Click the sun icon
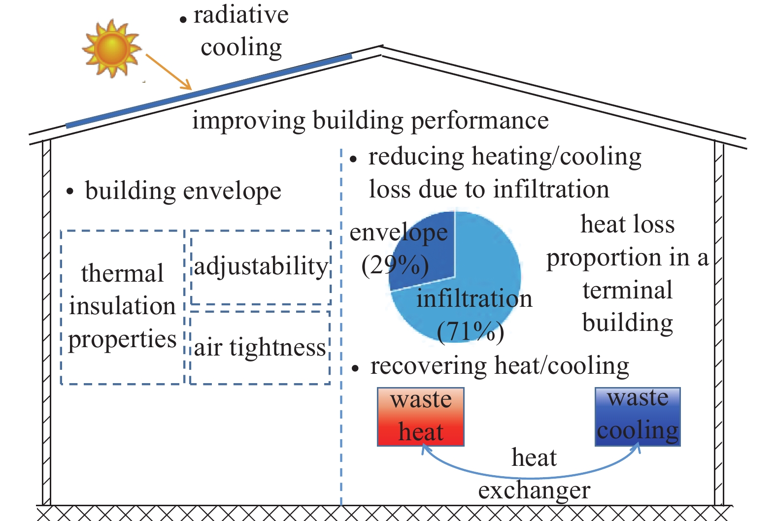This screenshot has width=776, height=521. (111, 48)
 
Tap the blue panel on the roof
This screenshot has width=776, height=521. (209, 91)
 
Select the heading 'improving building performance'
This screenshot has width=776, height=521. (371, 121)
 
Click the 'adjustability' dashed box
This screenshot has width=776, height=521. (261, 231)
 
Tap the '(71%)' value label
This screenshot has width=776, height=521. (471, 331)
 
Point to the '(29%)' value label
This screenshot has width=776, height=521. (395, 265)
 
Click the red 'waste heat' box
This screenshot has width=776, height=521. (421, 417)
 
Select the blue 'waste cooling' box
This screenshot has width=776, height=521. (638, 417)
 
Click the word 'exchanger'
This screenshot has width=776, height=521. (534, 491)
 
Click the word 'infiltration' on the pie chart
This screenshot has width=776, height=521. (474, 298)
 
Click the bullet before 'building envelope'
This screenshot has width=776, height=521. (70, 192)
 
